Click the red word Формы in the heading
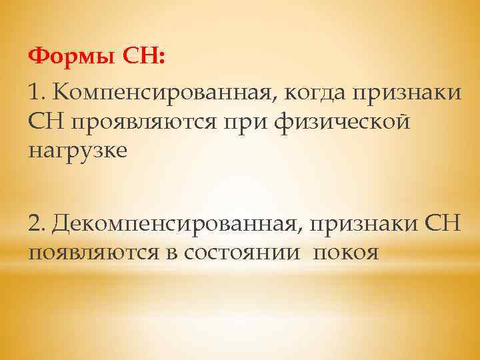[73, 56]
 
